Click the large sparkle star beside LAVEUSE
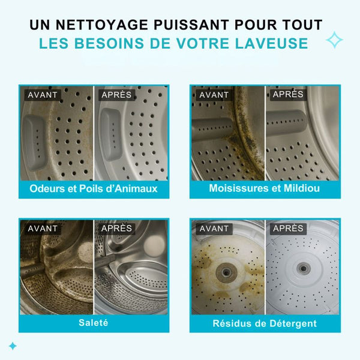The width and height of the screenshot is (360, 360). [334, 41]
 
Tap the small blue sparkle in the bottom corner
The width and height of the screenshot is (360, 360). [12, 346]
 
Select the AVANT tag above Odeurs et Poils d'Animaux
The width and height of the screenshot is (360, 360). [42, 94]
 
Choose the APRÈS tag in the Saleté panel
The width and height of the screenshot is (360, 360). [116, 228]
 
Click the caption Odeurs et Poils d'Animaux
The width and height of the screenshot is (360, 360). [94, 189]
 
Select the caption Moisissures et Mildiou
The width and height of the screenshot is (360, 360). [265, 189]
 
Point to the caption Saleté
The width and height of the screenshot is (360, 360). [94, 323]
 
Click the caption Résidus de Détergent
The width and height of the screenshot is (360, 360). [265, 323]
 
